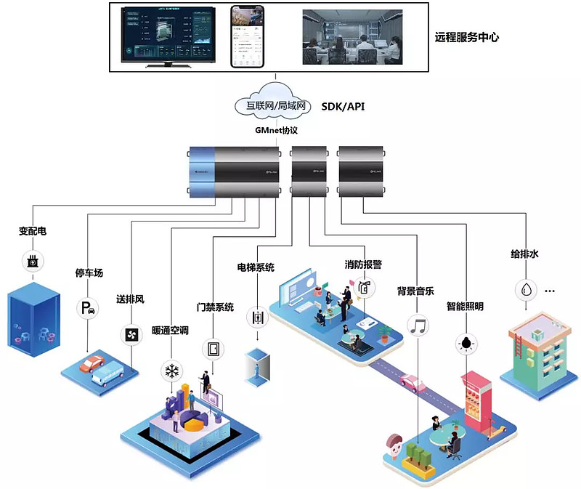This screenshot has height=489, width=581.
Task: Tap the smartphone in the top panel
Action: tap(248, 36)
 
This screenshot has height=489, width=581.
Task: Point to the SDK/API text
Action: tap(343, 107)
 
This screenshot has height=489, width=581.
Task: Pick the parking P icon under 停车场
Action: tap(89, 308)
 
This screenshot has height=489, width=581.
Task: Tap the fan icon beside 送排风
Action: tap(131, 334)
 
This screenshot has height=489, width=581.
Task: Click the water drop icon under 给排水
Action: tap(524, 290)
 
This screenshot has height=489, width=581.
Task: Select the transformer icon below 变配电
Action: tap(32, 261)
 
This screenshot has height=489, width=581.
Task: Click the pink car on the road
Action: tap(412, 382)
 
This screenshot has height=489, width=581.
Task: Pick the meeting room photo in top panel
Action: tap(352, 36)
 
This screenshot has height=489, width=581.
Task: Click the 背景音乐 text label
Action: tap(415, 291)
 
